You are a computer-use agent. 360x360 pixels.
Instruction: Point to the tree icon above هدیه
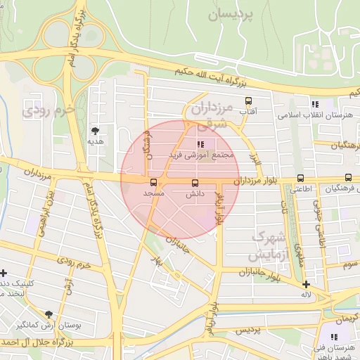94,130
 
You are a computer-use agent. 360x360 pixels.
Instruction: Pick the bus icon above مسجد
154,181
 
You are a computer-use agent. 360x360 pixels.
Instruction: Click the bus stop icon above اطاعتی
301,179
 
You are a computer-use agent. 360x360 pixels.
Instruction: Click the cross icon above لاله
305,285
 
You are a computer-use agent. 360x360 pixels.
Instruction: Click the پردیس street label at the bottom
247,329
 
